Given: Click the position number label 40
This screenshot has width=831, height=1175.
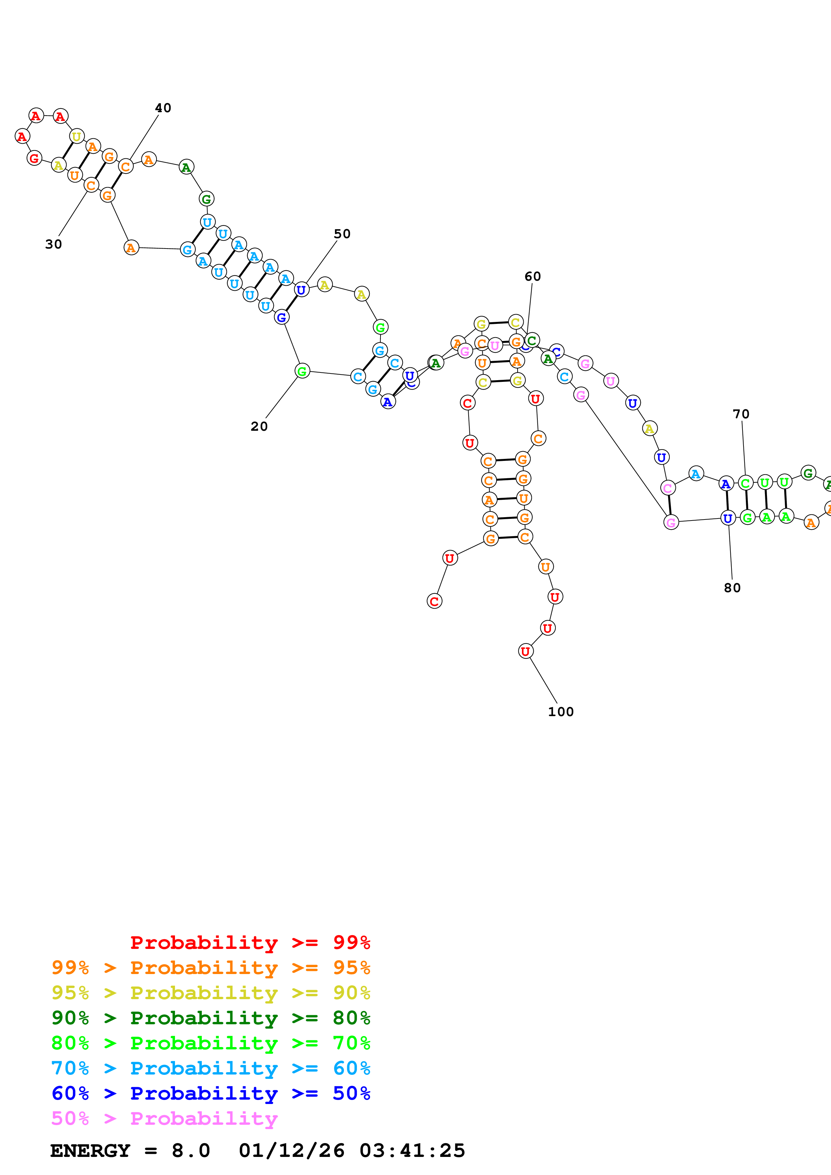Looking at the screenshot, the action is pyautogui.click(x=163, y=108).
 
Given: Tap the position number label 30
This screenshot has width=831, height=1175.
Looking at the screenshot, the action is pyautogui.click(x=53, y=244).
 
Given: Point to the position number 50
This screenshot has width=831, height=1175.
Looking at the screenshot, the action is pyautogui.click(x=342, y=234).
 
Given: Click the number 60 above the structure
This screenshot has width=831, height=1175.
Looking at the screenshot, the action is pyautogui.click(x=533, y=276).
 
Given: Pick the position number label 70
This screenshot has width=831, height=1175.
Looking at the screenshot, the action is pyautogui.click(x=741, y=414).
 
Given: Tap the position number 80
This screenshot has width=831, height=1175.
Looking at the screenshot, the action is pyautogui.click(x=732, y=588).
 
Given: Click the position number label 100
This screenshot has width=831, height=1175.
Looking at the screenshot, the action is pyautogui.click(x=561, y=712).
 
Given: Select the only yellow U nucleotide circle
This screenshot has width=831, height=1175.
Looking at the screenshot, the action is pyautogui.click(x=76, y=137).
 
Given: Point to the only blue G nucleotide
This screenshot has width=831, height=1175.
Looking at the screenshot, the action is pyautogui.click(x=282, y=317).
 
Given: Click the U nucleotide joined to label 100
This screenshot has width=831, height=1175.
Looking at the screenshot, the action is pyautogui.click(x=525, y=651).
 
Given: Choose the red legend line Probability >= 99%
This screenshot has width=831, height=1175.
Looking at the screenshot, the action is pyautogui.click(x=250, y=943).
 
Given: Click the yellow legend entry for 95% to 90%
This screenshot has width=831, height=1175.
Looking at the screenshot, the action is pyautogui.click(x=211, y=993).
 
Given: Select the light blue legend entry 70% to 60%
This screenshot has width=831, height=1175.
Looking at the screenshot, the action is pyautogui.click(x=211, y=1068).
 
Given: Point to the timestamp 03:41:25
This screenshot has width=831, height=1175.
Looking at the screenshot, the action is pyautogui.click(x=412, y=1151).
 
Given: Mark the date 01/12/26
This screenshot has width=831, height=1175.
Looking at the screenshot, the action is pyautogui.click(x=291, y=1151).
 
